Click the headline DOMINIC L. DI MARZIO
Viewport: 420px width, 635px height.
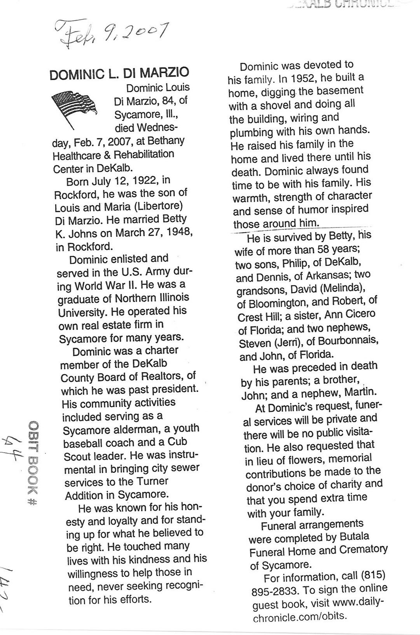tap(119, 73)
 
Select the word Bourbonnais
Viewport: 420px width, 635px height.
tap(347, 341)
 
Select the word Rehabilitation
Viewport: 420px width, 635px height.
tap(144, 155)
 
